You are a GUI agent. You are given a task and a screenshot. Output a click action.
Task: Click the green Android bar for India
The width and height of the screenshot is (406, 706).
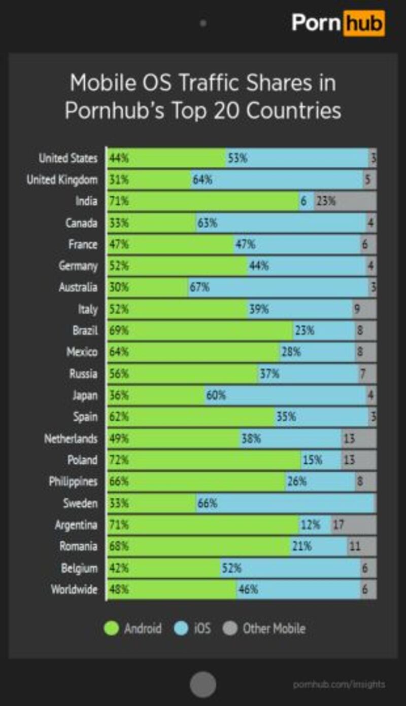203,201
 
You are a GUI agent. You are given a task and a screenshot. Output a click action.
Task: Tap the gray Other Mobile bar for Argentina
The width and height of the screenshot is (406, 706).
354,525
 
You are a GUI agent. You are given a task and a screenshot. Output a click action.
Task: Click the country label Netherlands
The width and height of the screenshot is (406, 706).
71,438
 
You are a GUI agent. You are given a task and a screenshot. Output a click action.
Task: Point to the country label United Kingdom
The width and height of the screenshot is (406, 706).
62,180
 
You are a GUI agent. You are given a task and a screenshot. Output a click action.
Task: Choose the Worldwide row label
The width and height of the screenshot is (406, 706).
74,589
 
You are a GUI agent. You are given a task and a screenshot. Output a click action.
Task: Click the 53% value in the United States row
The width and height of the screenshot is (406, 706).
238,158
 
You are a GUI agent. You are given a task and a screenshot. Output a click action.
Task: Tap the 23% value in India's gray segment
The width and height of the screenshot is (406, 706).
326,201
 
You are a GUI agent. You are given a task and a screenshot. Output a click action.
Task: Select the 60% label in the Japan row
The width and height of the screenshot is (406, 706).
216,395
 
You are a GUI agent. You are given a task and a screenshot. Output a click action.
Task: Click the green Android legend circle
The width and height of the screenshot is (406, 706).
111,628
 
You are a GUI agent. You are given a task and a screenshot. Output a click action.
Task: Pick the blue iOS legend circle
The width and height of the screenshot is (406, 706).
181,628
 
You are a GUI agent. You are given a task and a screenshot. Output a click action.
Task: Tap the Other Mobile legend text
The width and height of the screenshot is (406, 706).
274,628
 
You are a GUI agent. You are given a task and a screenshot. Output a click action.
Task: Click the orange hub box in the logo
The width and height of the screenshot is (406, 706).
364,23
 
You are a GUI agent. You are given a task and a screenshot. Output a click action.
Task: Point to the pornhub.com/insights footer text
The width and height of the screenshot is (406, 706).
339,684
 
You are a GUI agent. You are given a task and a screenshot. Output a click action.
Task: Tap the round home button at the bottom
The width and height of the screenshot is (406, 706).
203,684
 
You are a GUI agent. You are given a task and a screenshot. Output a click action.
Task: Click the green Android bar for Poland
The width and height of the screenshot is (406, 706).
203,460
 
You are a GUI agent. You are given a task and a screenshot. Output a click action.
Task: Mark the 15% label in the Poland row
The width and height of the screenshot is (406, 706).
312,460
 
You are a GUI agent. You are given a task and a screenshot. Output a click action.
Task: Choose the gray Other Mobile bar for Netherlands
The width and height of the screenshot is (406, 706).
359,438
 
